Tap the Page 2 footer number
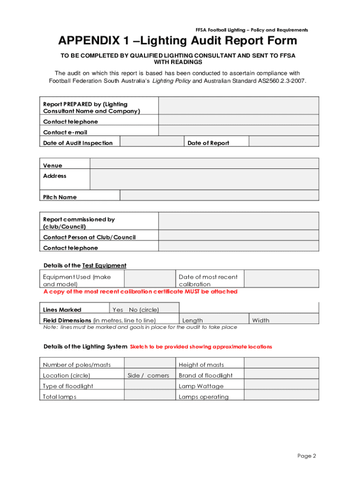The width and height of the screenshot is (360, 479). [x=307, y=456]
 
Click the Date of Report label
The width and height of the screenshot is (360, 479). [x=208, y=143]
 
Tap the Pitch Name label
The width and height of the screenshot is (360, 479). [x=60, y=197]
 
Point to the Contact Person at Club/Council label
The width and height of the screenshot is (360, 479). [x=89, y=237]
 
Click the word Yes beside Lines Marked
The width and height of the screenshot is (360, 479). [x=118, y=310]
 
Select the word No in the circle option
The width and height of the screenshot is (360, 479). [x=133, y=310]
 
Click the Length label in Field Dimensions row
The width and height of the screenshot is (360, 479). [x=193, y=320]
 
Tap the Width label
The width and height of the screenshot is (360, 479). [x=260, y=320]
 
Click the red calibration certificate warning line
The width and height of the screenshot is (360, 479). [x=140, y=291]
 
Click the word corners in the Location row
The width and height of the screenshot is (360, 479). [x=158, y=375]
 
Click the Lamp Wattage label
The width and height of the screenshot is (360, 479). [x=201, y=386]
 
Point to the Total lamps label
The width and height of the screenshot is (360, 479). [x=59, y=397]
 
